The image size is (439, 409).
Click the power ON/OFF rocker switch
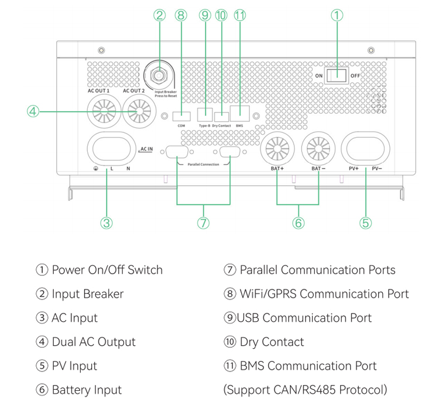tap(337, 76)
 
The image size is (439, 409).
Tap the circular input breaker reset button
tap(159, 75)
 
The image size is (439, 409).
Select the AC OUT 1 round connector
tap(103, 110)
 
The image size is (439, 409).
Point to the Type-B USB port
tap(204, 115)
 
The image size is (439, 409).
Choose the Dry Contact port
tap(221, 116)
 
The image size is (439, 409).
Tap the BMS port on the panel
tap(239, 114)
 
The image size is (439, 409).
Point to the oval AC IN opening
tap(111, 149)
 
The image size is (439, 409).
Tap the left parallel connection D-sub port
tap(177, 152)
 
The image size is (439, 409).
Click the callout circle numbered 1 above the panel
tap(337, 16)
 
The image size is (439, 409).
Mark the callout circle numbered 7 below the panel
tap(203, 223)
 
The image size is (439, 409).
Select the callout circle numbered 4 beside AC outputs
tap(34, 110)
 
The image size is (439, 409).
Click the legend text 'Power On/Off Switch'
tap(107, 270)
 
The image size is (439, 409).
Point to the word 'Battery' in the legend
tap(71, 390)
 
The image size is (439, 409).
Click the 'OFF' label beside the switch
tap(356, 76)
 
